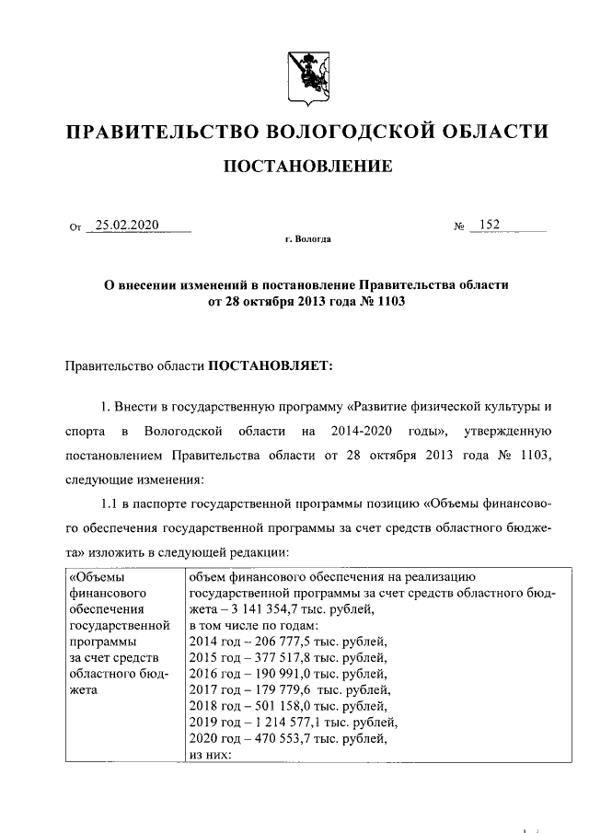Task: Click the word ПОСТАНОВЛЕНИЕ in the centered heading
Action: [x=304, y=167]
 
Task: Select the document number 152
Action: [x=489, y=226]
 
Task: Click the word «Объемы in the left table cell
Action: [x=97, y=577]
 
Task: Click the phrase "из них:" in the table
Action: [x=210, y=754]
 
